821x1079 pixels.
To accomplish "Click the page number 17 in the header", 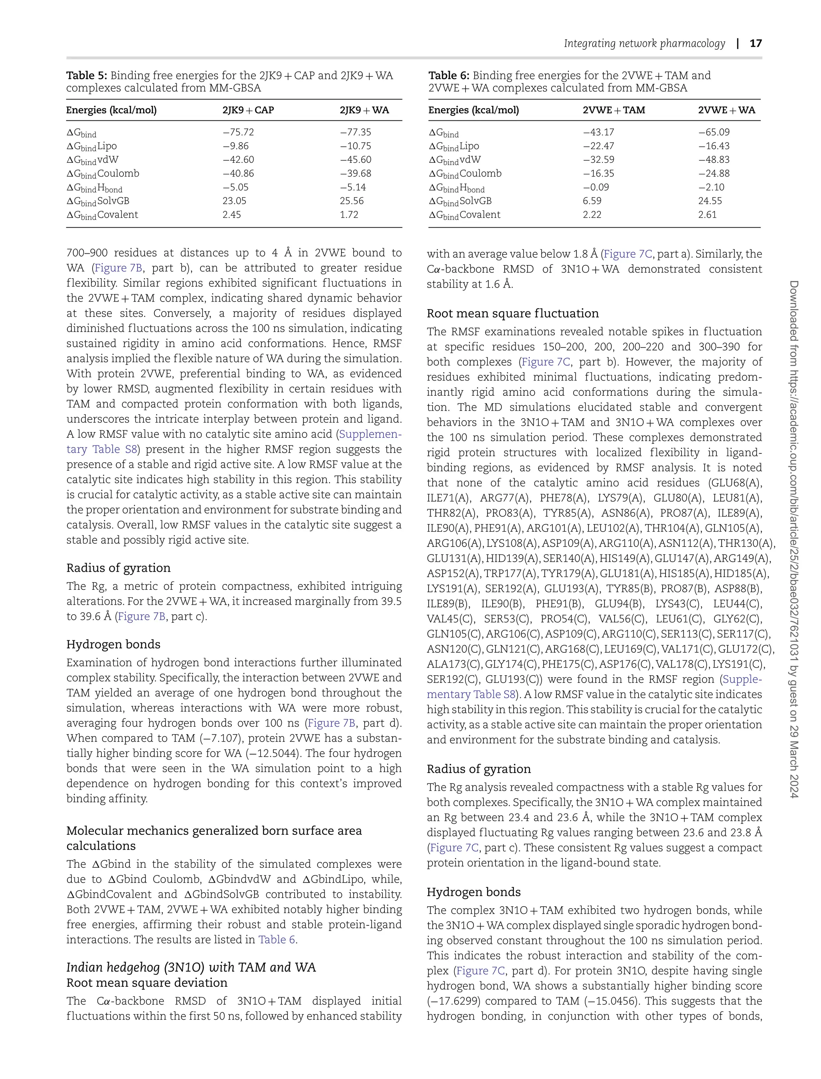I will (x=756, y=43).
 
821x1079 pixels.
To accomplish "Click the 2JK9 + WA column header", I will (x=364, y=110).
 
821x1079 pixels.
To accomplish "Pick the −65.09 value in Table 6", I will (x=714, y=132).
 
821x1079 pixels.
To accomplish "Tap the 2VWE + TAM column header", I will (x=614, y=110).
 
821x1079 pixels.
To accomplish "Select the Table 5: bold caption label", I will (x=87, y=76).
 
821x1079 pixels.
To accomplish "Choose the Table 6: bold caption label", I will (x=449, y=76).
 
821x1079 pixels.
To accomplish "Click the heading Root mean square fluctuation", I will (x=513, y=314).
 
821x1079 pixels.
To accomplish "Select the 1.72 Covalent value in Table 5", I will (x=349, y=215).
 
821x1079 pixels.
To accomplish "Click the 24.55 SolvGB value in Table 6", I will (x=710, y=201).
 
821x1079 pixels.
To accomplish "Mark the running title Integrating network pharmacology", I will (x=644, y=43).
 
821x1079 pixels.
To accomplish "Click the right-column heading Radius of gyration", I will (x=478, y=769).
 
